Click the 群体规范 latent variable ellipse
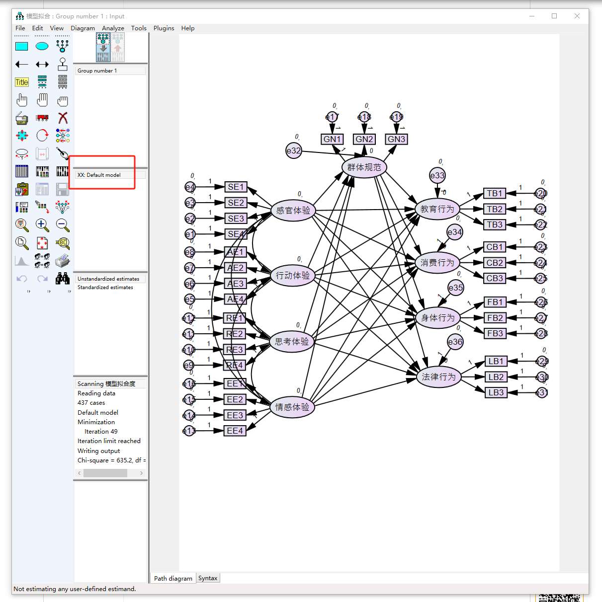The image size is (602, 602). coord(364,167)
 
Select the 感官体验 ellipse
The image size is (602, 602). coord(293,211)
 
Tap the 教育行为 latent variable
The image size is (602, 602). coord(437,209)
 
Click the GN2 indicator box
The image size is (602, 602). coord(364,139)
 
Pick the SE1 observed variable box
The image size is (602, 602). coord(236,187)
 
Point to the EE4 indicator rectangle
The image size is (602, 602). coord(235,431)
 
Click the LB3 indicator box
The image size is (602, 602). coord(496,392)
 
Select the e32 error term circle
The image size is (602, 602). coord(294,150)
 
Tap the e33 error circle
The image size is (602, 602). coord(437,175)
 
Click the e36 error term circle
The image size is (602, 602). coord(455,342)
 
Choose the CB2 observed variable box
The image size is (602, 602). coord(495,263)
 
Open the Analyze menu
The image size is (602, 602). coord(113,28)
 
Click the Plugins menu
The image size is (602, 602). coord(164,28)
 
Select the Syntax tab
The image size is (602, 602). coord(208,578)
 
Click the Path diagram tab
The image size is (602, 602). coord(173,578)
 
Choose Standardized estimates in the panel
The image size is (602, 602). coord(105,288)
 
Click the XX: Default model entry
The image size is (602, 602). coord(99,175)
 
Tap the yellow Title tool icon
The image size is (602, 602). coord(22,82)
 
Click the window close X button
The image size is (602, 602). coord(577,16)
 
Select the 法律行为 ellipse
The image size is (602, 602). coord(438,377)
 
